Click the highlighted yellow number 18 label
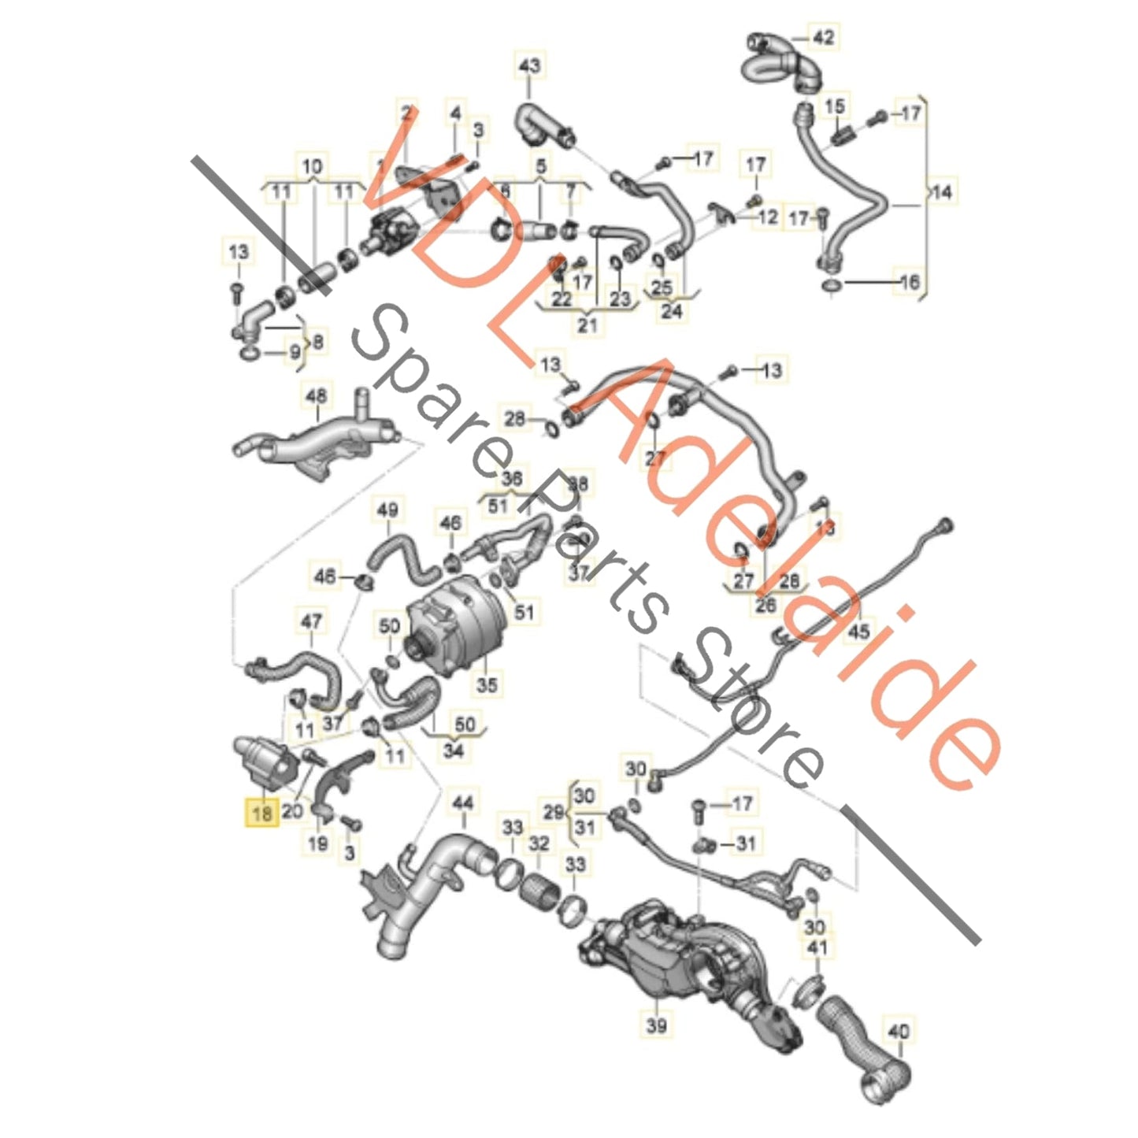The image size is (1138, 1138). pyautogui.click(x=261, y=811)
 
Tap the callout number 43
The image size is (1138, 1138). pyautogui.click(x=529, y=65)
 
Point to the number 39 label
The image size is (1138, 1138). pyautogui.click(x=656, y=1025)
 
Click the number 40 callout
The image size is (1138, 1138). pyautogui.click(x=898, y=1030)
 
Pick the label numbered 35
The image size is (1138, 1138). pyautogui.click(x=487, y=684)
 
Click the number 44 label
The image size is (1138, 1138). pyautogui.click(x=463, y=803)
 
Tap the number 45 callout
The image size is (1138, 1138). pyautogui.click(x=858, y=631)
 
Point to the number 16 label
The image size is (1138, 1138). pyautogui.click(x=909, y=281)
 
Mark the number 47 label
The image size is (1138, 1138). pyautogui.click(x=311, y=621)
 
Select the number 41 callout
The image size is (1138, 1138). pyautogui.click(x=817, y=947)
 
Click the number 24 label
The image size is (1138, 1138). pyautogui.click(x=672, y=311)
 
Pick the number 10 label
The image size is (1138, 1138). pyautogui.click(x=312, y=167)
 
